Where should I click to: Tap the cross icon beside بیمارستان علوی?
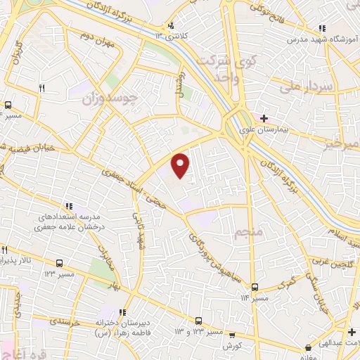click(x=264, y=118)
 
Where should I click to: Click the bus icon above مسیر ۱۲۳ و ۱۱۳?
click(x=199, y=319)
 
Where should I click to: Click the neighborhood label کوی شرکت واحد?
click(x=218, y=70)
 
